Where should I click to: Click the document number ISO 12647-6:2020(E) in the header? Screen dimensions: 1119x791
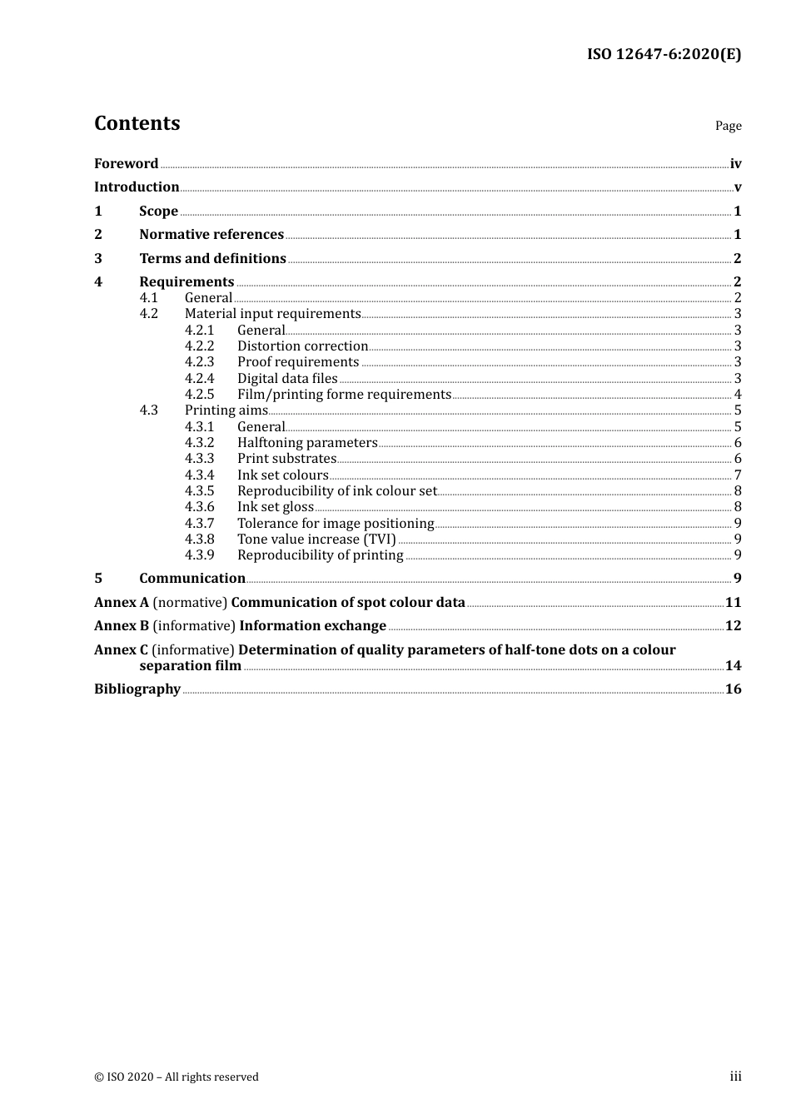664,54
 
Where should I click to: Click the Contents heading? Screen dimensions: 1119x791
137,123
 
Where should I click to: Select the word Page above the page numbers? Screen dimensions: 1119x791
728,126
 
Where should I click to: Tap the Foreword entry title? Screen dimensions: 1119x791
126,163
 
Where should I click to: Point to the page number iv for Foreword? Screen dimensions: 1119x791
735,164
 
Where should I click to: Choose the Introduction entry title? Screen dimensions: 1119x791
137,186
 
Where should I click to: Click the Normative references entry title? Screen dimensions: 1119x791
211,234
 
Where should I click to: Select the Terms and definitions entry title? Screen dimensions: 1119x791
212,258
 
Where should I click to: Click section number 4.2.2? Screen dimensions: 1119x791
199,346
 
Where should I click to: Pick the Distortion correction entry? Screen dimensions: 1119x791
302,346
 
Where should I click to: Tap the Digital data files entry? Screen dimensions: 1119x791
287,378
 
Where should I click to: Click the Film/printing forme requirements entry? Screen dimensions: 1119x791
344,394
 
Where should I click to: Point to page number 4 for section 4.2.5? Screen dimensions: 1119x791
738,395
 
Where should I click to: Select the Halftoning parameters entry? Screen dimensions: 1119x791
307,442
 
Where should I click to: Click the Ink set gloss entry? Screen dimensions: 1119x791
276,506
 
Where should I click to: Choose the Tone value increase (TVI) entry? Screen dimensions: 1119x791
316,539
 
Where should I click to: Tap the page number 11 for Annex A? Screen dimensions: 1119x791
733,602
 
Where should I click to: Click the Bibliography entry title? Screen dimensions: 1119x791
137,689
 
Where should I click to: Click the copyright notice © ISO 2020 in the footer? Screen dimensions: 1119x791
176,1077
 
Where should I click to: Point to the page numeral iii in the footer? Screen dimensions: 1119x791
735,1077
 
